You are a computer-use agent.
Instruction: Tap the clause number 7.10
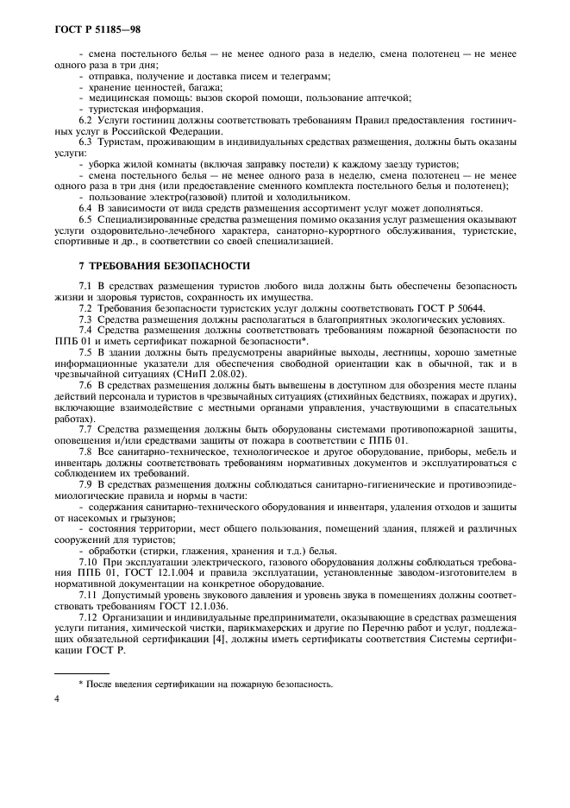88,563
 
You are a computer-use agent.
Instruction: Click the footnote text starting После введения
207,684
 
